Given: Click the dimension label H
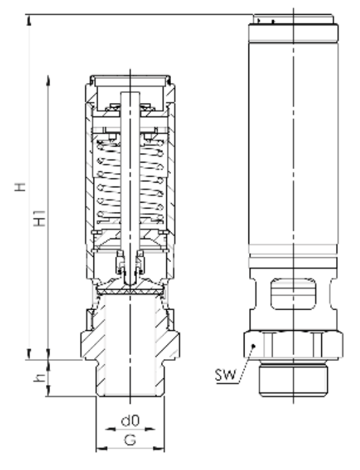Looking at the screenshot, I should pos(22,188).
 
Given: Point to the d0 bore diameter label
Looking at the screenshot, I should pos(130,423).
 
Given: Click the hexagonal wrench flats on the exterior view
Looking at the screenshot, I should pos(294,344).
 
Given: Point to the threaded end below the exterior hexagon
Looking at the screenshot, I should pos(293,380).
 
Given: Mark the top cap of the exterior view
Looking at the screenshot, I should pos(293,20).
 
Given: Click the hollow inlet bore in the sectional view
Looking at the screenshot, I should pos(130,348).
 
